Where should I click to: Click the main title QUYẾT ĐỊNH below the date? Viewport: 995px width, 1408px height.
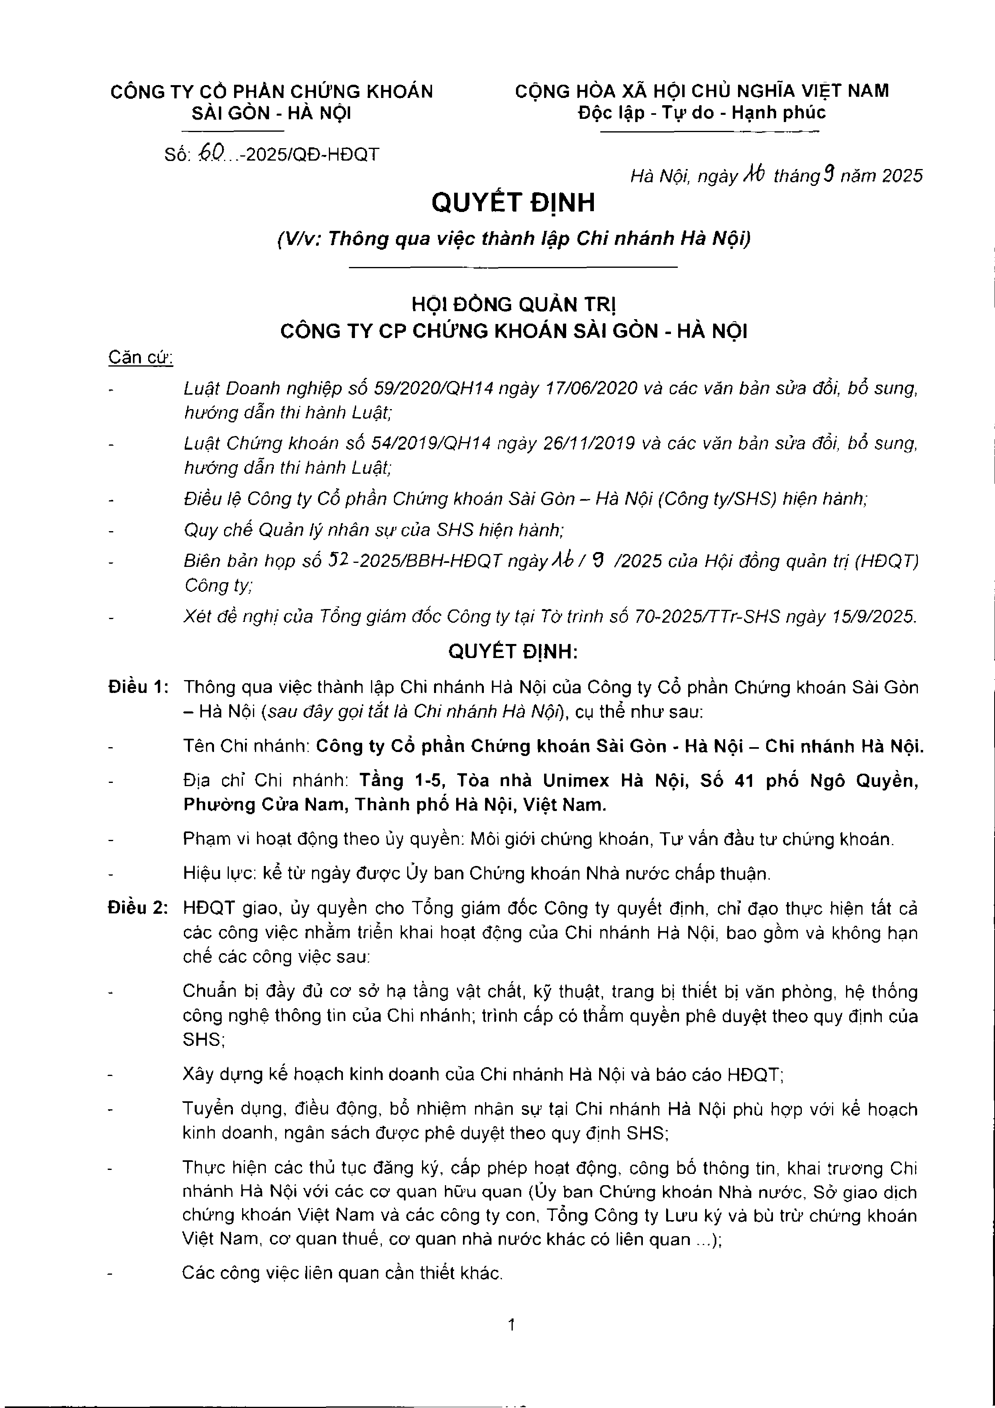tap(513, 202)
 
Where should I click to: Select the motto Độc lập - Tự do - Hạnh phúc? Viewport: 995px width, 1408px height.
tap(702, 112)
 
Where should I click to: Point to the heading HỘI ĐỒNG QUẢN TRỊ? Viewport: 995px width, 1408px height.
tap(514, 304)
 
